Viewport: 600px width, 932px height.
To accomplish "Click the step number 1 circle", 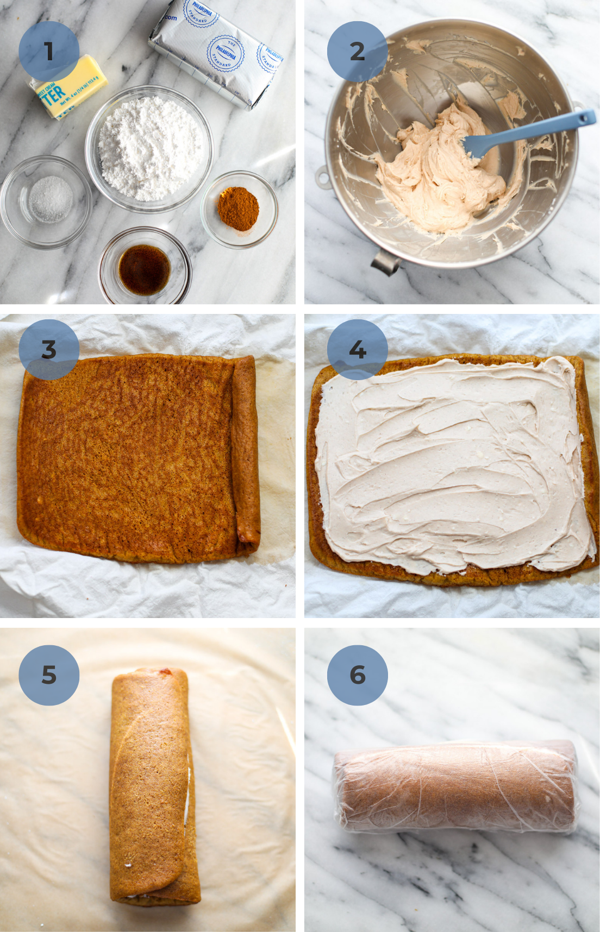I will (49, 52).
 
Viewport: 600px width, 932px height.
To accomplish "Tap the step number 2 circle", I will (357, 52).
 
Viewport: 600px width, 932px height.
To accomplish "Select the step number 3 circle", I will (49, 350).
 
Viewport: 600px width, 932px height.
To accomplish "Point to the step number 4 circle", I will (357, 350).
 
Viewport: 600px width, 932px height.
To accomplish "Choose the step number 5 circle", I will (49, 675).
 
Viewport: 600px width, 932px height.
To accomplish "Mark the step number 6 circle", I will (357, 675).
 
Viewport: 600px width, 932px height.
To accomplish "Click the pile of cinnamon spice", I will (238, 209).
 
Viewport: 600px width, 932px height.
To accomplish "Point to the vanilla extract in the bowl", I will (144, 269).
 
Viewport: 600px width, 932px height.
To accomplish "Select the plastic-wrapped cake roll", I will (455, 786).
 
